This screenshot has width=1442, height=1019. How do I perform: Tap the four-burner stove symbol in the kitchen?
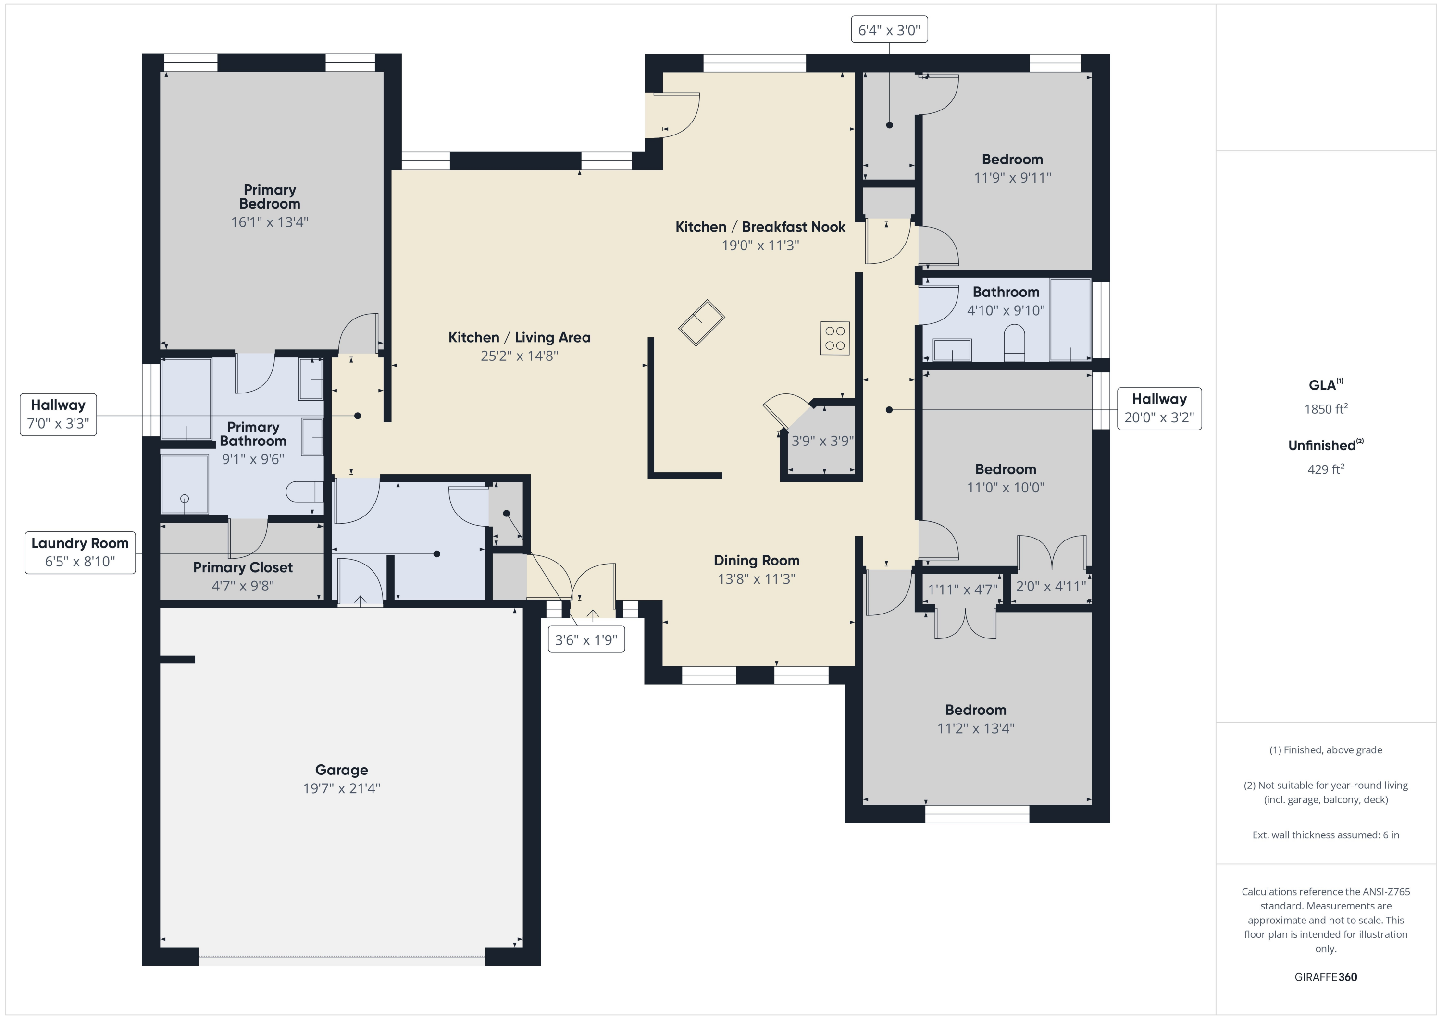[834, 338]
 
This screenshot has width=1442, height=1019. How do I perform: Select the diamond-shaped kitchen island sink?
[701, 323]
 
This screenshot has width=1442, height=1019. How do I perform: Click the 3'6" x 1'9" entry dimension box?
[586, 640]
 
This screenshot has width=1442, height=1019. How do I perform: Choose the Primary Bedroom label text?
[270, 196]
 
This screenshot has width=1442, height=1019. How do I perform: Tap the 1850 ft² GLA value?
[1325, 409]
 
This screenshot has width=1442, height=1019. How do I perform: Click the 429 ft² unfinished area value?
[1325, 469]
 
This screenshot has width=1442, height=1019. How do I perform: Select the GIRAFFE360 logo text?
[1325, 977]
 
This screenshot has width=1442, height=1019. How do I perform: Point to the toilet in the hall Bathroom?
[1014, 344]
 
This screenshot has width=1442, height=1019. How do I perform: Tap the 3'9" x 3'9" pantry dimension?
[822, 441]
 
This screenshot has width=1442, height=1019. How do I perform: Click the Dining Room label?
[756, 560]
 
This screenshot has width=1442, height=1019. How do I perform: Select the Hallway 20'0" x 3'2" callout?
[1159, 408]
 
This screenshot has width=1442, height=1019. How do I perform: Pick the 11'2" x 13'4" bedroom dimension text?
[975, 728]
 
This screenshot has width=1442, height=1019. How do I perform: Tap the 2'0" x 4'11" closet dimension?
[1051, 587]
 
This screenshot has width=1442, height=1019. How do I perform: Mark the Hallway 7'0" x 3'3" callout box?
[59, 415]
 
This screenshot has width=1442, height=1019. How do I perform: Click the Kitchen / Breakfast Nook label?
[760, 227]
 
